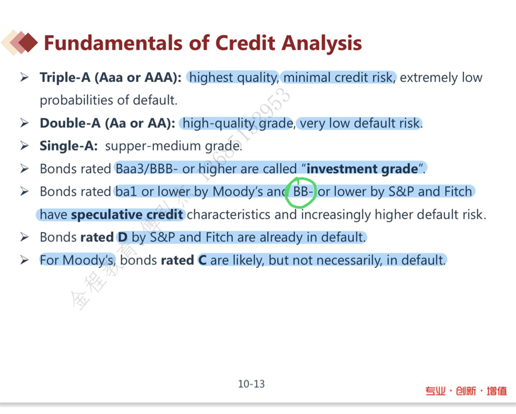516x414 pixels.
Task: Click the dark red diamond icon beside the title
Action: [x=28, y=42]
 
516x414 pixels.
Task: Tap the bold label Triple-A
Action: [x=65, y=78]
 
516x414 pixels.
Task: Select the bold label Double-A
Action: [x=70, y=123]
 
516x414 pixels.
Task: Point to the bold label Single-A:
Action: [x=69, y=146]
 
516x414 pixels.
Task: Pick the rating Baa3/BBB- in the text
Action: [x=145, y=168]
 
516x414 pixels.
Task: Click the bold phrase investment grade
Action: [x=362, y=168]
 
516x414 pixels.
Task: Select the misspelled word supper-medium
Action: [x=153, y=146]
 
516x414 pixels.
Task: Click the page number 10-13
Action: [x=251, y=384]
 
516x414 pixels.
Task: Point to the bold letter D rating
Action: [x=123, y=237]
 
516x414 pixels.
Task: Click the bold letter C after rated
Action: [x=203, y=260]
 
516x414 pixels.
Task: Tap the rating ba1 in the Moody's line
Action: [x=125, y=191]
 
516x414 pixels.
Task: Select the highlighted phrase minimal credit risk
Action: [x=339, y=78]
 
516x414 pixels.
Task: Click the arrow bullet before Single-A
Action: [x=24, y=146]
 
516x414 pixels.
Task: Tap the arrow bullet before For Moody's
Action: [x=24, y=260]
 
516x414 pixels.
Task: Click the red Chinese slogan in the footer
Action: [x=466, y=391]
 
